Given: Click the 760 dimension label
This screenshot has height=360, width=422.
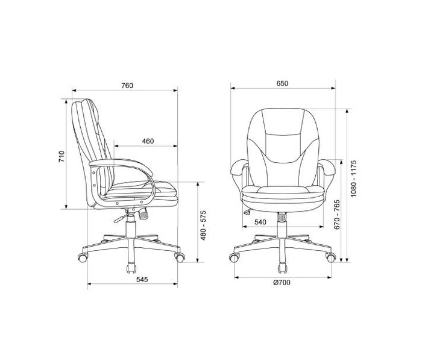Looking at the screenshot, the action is point(127,86).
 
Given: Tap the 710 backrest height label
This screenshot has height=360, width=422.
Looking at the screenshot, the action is point(61,156).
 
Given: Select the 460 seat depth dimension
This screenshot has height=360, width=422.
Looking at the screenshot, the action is point(148,141).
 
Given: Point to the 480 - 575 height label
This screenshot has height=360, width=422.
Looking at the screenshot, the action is point(203,226).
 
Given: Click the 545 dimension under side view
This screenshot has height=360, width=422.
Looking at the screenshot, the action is point(142,279).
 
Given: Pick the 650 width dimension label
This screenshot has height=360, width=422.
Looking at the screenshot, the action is point(282,83).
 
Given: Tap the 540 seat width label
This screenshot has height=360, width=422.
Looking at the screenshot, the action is point(260,222).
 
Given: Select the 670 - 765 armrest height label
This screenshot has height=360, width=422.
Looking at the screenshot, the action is point(336,215).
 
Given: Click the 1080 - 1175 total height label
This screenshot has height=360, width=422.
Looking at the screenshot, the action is point(353,178).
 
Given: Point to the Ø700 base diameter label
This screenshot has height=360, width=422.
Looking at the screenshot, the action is point(282,282).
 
